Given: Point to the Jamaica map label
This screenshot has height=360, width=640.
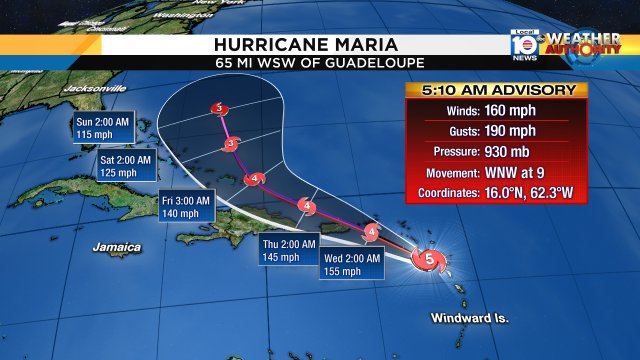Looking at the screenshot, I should [116, 245].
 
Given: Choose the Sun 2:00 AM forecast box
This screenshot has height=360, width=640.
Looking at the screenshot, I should [102, 127].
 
